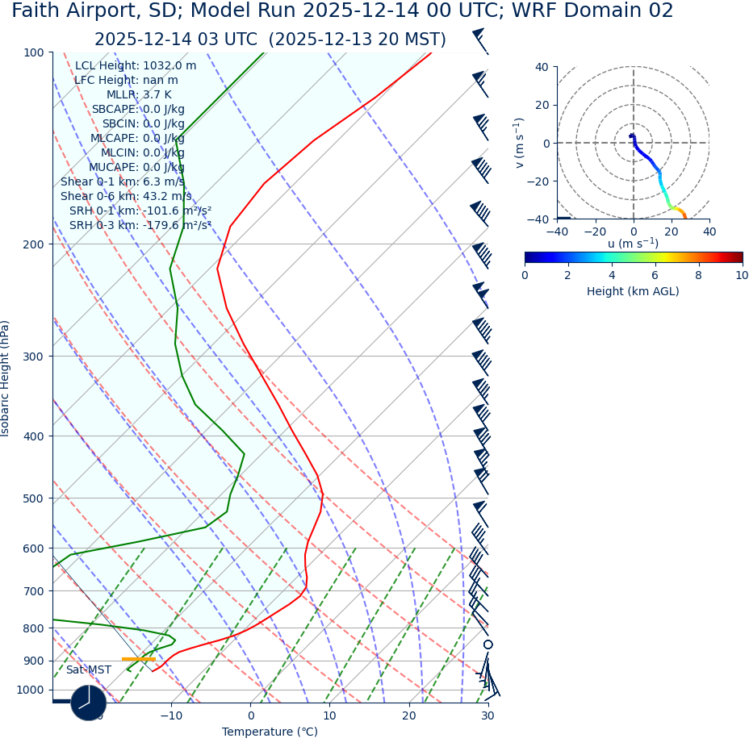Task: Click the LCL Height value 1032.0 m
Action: click(136, 66)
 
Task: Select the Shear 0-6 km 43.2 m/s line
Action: click(126, 196)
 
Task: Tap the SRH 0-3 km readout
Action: click(140, 225)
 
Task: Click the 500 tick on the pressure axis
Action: click(34, 498)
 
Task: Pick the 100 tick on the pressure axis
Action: click(34, 52)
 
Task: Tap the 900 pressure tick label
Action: click(34, 661)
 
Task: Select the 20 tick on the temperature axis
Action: click(409, 715)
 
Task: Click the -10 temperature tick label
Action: click(170, 715)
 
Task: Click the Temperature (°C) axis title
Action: click(270, 732)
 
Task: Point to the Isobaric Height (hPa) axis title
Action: click(6, 378)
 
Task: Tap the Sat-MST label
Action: click(89, 670)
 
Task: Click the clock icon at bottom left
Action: click(89, 703)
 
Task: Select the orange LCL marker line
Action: click(138, 659)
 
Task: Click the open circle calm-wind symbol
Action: click(487, 644)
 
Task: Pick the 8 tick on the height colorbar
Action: click(698, 275)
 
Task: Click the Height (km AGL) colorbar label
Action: click(633, 291)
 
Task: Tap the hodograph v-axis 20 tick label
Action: click(542, 105)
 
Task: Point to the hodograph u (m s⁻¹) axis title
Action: click(633, 244)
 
